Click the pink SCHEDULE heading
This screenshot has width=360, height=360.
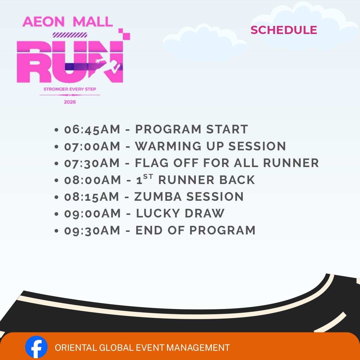tap(284, 30)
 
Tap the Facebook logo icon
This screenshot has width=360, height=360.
tap(36, 347)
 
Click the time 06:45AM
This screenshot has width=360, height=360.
tap(92, 129)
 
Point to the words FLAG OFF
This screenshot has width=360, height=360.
tap(167, 163)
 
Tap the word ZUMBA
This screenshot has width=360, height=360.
tap(158, 196)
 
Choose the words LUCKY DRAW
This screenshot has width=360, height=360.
tap(180, 213)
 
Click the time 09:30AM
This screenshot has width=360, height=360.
tap(92, 230)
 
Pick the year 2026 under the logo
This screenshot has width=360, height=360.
tap(70, 102)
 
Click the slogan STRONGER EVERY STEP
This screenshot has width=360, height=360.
tap(70, 89)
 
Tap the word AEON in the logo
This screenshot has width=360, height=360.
tap(43, 22)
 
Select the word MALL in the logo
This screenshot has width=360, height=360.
tap(93, 22)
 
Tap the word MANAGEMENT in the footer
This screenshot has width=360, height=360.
tap(198, 348)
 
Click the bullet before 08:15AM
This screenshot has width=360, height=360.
tap(56, 197)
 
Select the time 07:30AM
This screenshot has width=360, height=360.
tap(92, 163)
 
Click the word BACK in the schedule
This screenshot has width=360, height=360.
tap(237, 180)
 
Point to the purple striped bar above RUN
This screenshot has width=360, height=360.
tap(70, 35)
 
